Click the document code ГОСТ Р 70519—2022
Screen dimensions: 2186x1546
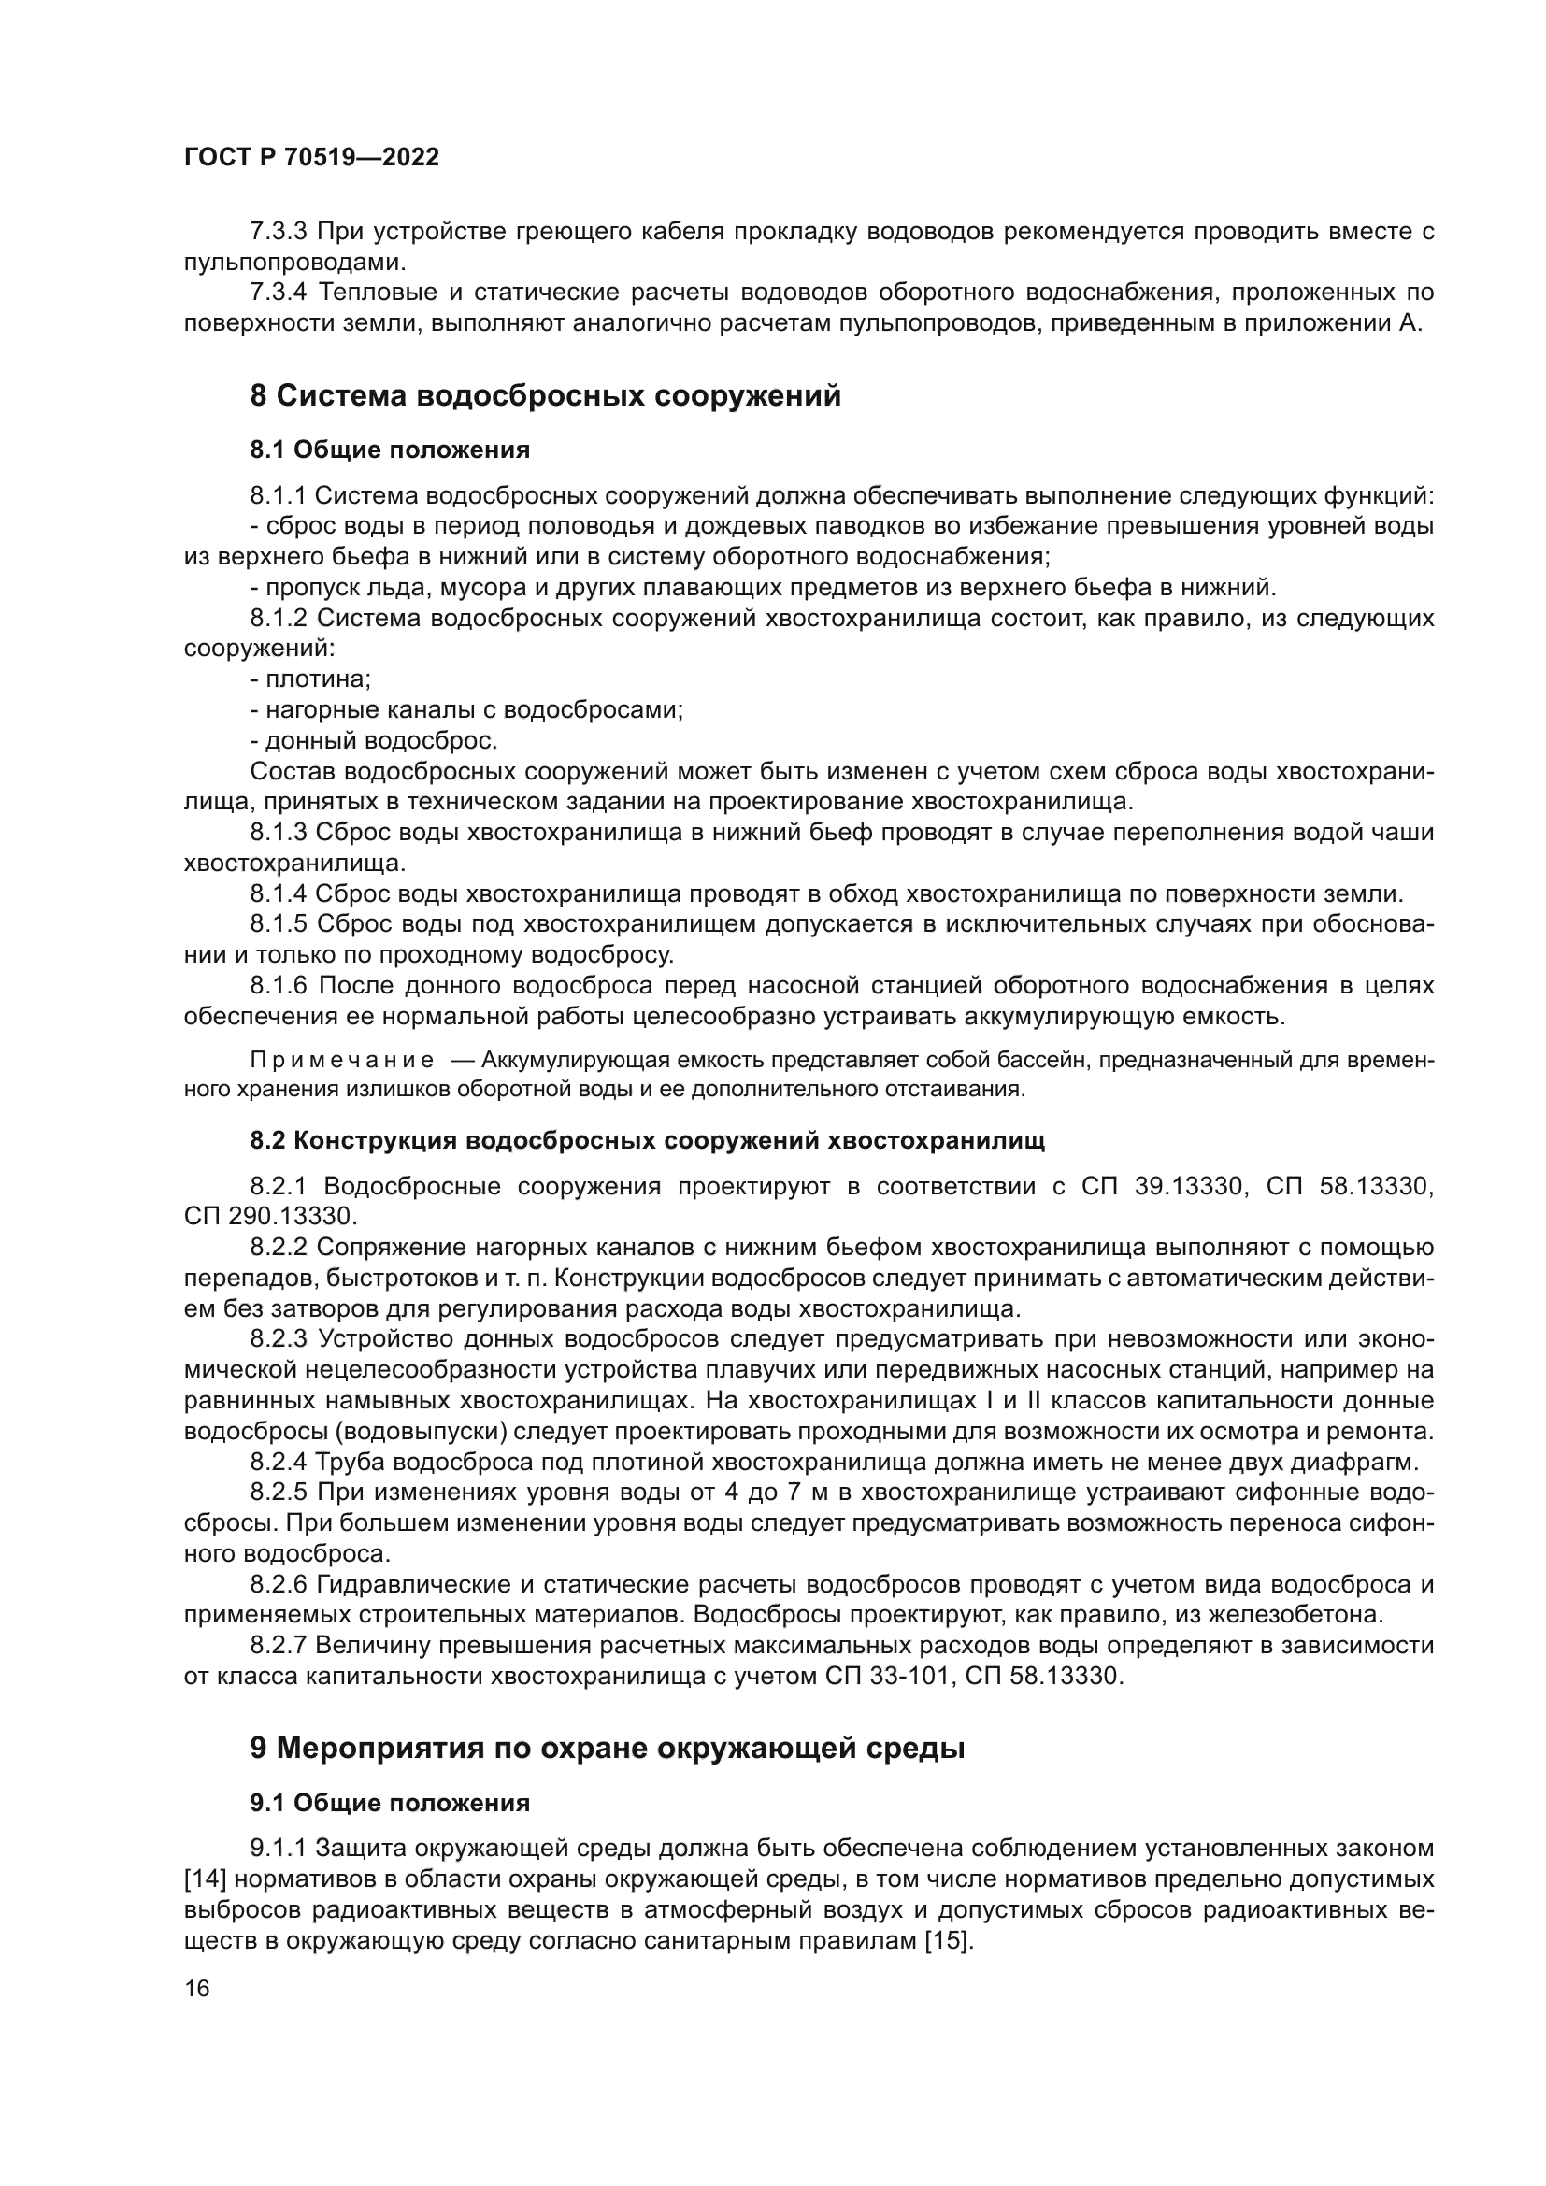coord(311,158)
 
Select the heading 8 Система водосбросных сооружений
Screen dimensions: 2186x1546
coord(546,395)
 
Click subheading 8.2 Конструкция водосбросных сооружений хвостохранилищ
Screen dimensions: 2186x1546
coord(648,1140)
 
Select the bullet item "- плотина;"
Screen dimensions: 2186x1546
coord(310,679)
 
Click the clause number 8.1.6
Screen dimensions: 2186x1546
coord(279,985)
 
